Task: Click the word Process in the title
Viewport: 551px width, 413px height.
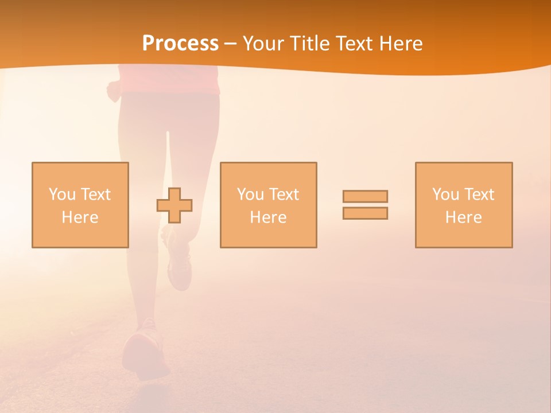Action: tap(180, 44)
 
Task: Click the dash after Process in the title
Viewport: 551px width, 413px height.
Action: tap(230, 44)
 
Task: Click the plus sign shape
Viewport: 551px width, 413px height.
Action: tap(174, 205)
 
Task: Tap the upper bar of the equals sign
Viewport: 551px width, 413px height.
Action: tap(365, 196)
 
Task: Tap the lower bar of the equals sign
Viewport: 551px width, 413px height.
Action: tap(365, 213)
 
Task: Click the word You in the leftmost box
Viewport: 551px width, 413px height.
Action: tap(61, 194)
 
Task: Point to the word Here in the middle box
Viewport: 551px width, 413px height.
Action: tap(268, 217)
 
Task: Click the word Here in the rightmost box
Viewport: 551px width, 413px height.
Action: tap(463, 217)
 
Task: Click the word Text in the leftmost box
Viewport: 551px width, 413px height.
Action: tap(96, 194)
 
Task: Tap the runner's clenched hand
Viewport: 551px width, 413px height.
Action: tap(113, 91)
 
